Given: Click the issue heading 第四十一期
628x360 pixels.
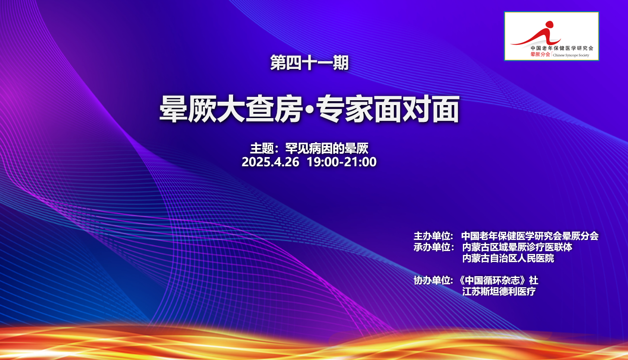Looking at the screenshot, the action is (x=309, y=63).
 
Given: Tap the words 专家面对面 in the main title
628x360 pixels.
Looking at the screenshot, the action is (x=388, y=109).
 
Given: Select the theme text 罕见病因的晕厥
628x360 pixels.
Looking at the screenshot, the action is (x=327, y=148).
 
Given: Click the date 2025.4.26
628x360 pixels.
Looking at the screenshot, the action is (x=270, y=162).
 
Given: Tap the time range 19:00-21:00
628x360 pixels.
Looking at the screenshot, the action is (x=341, y=162).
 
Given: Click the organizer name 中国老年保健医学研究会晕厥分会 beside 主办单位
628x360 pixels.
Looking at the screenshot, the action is (x=530, y=236).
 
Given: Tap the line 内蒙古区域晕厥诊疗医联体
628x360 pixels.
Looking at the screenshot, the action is (x=517, y=247).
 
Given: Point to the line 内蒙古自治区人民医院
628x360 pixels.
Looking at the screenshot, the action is (x=508, y=258).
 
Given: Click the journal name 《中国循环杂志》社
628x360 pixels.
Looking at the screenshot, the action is (x=498, y=280).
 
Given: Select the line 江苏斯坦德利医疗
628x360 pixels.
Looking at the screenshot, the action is (x=499, y=291).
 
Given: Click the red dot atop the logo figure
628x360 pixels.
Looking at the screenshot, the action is (x=549, y=25).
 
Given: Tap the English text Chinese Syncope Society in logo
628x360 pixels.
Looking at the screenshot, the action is (x=571, y=55).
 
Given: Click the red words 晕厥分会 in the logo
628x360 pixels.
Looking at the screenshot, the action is (x=540, y=54).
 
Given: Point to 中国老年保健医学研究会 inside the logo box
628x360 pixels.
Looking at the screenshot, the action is (x=562, y=48).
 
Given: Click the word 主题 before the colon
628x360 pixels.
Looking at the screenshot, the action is (x=262, y=148).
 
